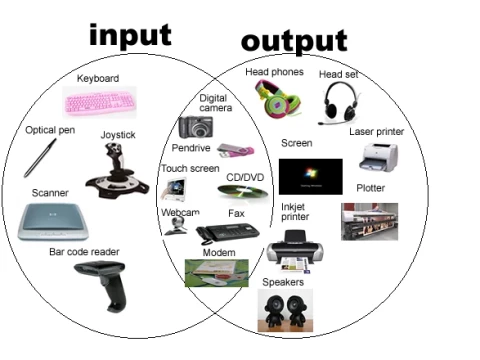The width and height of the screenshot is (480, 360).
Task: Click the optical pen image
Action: pyautogui.click(x=41, y=156)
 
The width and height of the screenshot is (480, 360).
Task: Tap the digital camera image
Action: pyautogui.click(x=196, y=126)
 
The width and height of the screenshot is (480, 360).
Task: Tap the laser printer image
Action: pyautogui.click(x=380, y=157)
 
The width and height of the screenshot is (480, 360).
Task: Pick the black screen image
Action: pyautogui.click(x=310, y=175)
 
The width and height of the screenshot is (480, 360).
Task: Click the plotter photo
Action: pyautogui.click(x=369, y=221)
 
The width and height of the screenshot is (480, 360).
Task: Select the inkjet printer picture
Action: pyautogui.click(x=297, y=249)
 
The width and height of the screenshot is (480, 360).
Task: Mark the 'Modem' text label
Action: pyautogui.click(x=218, y=252)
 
